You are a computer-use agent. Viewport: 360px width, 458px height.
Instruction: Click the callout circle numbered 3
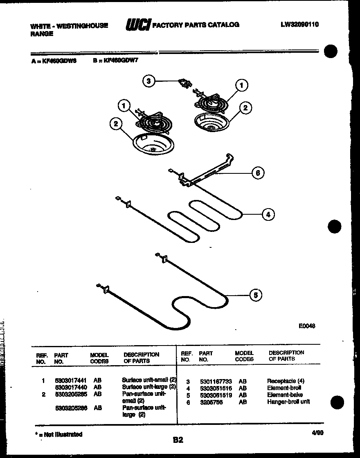[x=149, y=81]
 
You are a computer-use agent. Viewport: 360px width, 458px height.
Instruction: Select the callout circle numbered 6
[x=257, y=173]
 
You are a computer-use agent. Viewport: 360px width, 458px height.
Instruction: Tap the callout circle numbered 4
[x=268, y=214]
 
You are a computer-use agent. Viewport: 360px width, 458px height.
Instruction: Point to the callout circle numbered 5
[x=255, y=295]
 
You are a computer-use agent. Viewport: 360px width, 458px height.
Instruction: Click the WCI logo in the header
[x=138, y=26]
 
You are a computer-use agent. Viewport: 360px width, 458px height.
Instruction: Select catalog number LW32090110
[x=299, y=25]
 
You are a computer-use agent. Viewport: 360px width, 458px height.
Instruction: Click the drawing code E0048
[x=307, y=326]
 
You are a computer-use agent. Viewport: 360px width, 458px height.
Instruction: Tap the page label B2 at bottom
[x=178, y=440]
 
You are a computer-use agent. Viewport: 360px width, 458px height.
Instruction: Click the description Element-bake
[x=285, y=395]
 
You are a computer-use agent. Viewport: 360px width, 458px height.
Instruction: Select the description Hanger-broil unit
[x=288, y=402]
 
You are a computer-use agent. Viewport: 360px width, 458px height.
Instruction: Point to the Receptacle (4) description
[x=286, y=381]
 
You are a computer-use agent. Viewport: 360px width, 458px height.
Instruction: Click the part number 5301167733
[x=216, y=381]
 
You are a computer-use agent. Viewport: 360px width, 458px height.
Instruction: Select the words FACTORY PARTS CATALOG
[x=196, y=25]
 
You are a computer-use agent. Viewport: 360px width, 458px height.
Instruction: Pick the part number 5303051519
[x=216, y=395]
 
